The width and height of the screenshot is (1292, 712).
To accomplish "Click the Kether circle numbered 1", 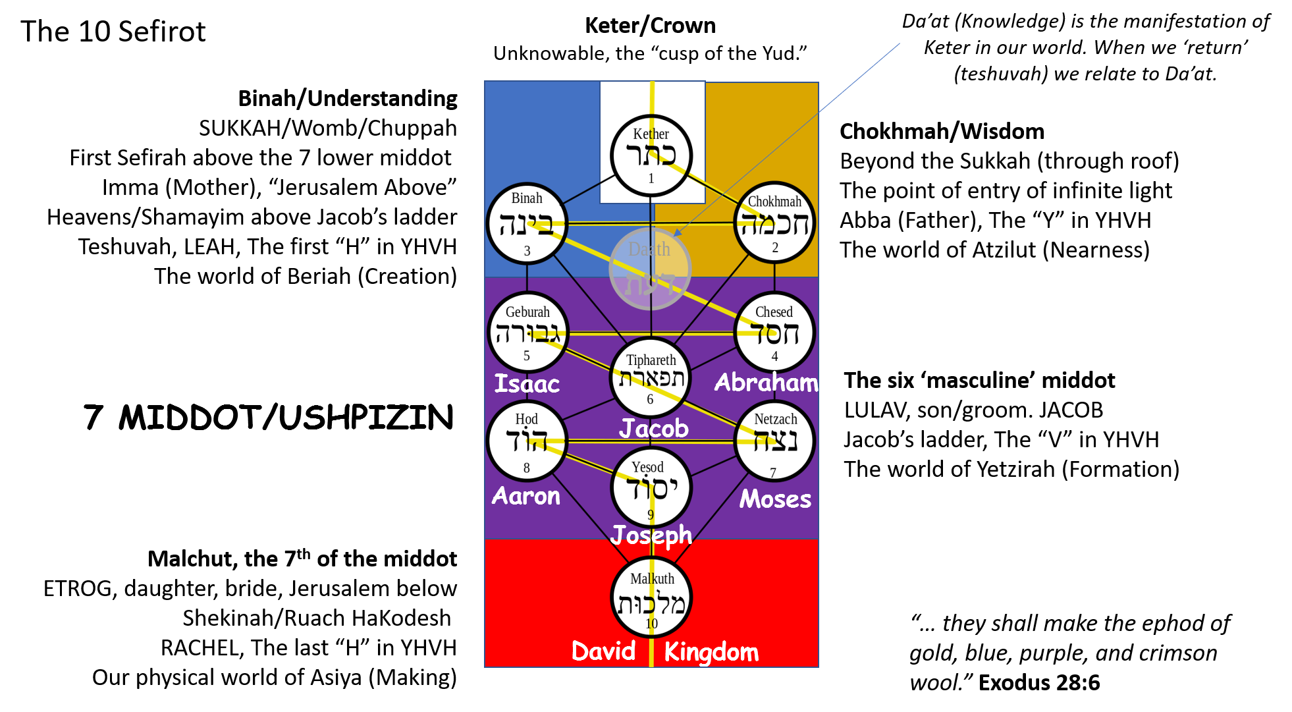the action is click(651, 156).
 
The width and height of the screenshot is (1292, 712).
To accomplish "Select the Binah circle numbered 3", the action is click(527, 223).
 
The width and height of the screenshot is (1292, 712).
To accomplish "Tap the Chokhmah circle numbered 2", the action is click(774, 223).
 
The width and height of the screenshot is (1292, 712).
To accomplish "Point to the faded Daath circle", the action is click(651, 269).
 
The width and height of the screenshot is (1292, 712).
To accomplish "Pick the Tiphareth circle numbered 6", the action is click(651, 378).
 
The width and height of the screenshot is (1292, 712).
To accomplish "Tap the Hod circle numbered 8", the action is click(527, 441).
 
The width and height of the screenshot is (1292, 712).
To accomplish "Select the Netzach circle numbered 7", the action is click(774, 441).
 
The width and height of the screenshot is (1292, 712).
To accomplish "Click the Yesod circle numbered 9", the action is click(651, 487).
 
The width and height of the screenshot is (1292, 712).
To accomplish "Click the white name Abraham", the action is click(767, 382).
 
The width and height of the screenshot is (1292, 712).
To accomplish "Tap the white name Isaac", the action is click(527, 383).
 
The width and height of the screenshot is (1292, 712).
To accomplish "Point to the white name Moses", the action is click(775, 499).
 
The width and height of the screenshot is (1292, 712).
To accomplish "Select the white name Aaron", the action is click(526, 496).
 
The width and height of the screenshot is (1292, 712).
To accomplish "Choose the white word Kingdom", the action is click(711, 652).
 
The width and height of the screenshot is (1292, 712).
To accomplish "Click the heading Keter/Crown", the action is click(651, 26).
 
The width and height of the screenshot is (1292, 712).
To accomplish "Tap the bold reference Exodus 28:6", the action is click(1039, 683).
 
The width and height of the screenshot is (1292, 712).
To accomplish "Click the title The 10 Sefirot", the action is click(113, 32).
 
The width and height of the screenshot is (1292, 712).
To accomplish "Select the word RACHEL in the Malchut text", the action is click(199, 648).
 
